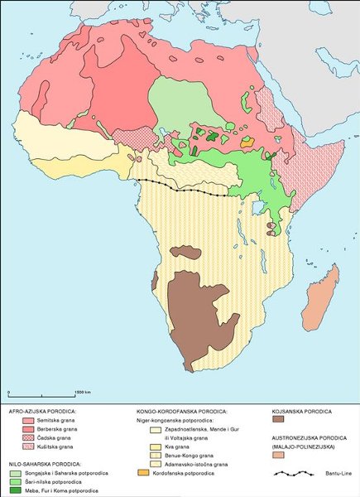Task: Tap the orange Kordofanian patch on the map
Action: tap(247, 142)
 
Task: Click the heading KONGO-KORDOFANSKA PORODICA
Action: tap(181, 411)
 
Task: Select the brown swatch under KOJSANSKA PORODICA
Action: tap(279, 421)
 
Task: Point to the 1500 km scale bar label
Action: tap(82, 391)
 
